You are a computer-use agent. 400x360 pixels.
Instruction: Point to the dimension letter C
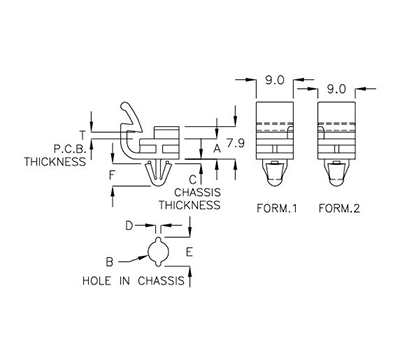click(193, 178)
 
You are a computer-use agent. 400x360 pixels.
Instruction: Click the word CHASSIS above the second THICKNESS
click(197, 191)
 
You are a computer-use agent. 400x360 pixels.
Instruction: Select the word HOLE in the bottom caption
click(98, 282)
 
